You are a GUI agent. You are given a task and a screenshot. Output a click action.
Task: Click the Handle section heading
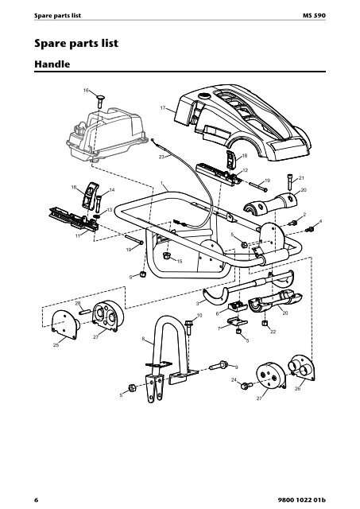pos(52,64)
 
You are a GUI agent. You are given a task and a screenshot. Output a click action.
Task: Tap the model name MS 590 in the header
pos(314,15)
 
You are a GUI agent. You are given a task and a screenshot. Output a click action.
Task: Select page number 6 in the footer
pos(37,499)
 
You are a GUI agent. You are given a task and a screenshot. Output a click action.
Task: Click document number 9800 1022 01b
pos(302,499)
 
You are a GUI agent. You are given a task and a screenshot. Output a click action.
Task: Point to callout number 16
pos(86,90)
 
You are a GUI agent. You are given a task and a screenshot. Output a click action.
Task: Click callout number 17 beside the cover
pos(163,108)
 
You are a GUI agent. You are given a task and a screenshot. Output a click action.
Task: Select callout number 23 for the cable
pos(161,157)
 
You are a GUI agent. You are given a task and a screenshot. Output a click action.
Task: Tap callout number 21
pos(301,178)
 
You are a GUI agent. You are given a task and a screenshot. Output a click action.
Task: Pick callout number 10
pos(199,315)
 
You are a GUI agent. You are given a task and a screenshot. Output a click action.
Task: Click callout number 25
pos(56,344)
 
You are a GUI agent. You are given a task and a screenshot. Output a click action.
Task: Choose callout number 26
pos(297,388)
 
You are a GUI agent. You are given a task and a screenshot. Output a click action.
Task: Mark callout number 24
pos(234,379)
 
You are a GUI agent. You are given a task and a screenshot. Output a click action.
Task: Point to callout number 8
pos(143,339)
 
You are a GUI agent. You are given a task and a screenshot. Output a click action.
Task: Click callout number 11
pos(78,236)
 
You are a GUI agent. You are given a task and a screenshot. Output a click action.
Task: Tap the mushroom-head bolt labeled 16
pos(100,101)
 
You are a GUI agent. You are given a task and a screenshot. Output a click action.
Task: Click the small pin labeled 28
pos(85,312)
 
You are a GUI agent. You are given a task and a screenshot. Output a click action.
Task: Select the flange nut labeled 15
pos(167,254)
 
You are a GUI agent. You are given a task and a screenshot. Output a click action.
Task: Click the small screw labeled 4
pos(309,230)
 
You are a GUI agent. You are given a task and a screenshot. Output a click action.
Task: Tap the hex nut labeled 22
pos(265,323)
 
